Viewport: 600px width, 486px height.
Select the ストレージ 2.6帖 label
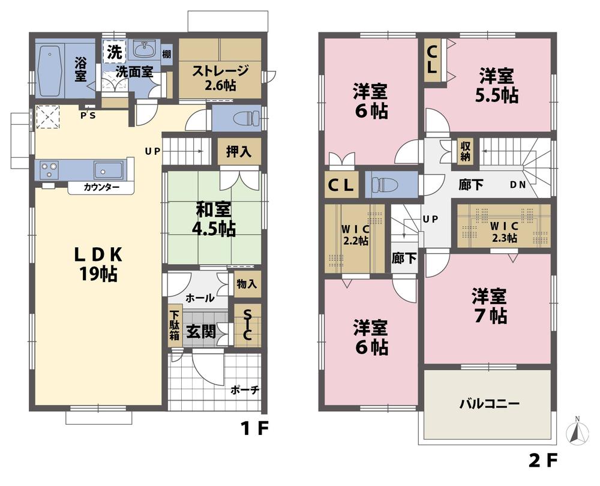tap(220, 78)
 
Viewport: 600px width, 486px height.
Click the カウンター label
tap(101, 188)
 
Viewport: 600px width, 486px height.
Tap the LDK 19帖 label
tap(99, 264)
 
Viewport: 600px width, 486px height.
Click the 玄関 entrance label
tap(200, 332)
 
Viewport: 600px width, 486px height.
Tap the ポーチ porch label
tap(244, 390)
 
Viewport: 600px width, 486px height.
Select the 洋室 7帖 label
tap(488, 305)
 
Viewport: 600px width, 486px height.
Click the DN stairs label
tap(518, 185)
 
